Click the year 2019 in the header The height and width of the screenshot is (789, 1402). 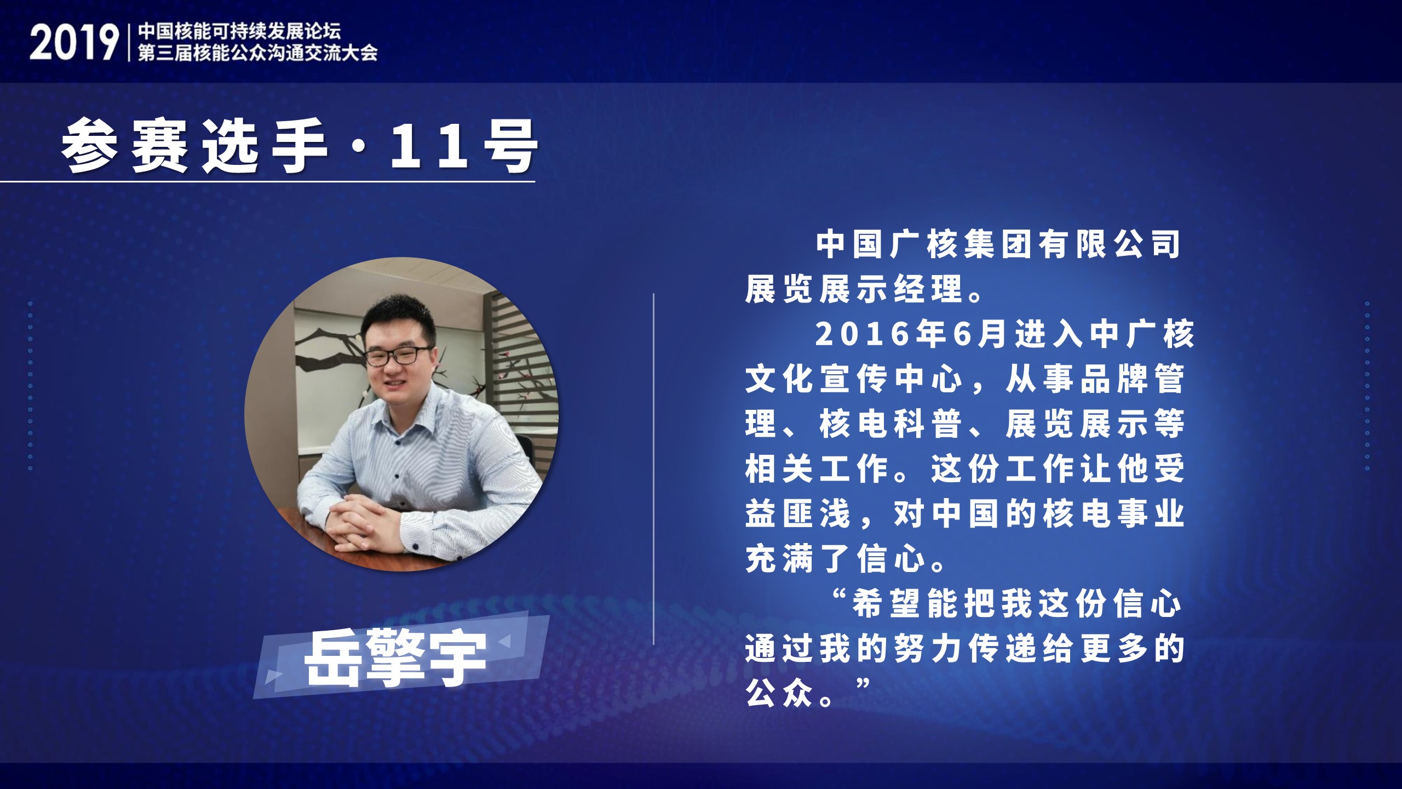(74, 42)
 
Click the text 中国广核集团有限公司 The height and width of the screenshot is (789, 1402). (999, 244)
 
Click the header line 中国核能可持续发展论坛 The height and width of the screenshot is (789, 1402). (239, 31)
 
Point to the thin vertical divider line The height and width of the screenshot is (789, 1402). (654, 469)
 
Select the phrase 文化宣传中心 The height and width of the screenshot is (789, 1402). (854, 379)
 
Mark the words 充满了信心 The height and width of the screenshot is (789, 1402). (836, 559)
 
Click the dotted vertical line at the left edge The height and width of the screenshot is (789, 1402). (30, 386)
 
